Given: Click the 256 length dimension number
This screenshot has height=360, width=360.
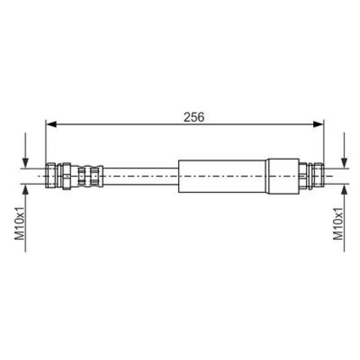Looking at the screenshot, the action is (x=194, y=117).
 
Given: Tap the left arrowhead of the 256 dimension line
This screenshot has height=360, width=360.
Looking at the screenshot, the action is (x=51, y=124).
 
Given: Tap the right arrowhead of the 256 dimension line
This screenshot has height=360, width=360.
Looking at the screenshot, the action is (x=318, y=124).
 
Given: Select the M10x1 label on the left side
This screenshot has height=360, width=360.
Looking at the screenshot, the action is (x=19, y=223).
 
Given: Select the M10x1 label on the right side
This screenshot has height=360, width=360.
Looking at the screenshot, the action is (x=338, y=224).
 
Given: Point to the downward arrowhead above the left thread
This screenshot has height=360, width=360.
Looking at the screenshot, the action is (x=25, y=163).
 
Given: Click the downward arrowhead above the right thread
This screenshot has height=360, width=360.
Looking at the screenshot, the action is (x=344, y=163).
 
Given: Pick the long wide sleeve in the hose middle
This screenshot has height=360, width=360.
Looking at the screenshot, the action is (x=222, y=176).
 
